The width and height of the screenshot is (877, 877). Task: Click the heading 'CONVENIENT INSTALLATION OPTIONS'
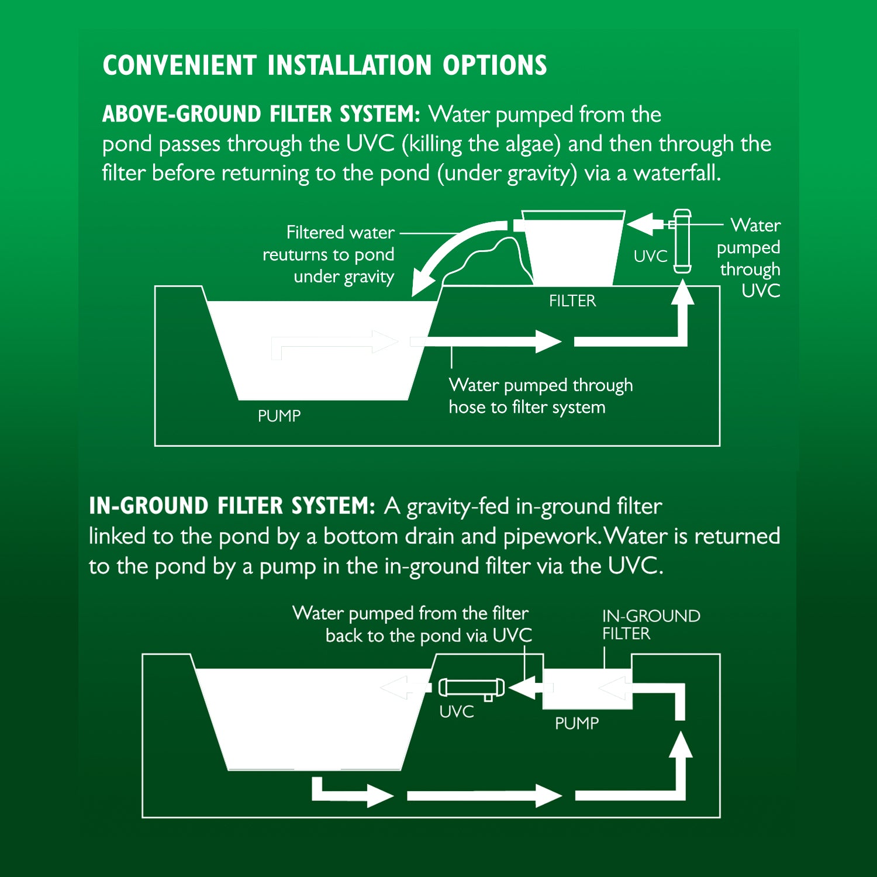pos(324,65)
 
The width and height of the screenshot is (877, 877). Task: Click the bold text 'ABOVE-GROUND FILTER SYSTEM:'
pos(261,114)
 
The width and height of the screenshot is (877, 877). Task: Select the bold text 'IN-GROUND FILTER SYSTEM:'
pos(232,506)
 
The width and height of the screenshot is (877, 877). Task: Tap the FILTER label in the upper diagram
pos(572,301)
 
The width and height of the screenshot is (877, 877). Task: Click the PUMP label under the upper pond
pos(279,416)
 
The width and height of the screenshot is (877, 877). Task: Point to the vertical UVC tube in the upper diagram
pos(682,241)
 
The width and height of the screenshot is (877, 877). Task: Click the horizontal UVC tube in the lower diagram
pos(471,687)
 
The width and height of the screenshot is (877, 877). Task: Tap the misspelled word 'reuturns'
pos(295,255)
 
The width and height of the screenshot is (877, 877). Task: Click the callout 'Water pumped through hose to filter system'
pos(540,396)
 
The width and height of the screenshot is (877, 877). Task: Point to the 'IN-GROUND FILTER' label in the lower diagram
pos(650,624)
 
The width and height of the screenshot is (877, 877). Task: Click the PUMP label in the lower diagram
pos(576,723)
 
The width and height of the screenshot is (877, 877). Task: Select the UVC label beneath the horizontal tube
pos(457,712)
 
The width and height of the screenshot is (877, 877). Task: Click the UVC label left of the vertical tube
pos(650,256)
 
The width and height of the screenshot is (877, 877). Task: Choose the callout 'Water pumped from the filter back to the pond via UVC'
pos(412,624)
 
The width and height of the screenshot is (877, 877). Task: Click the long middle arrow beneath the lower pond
pos(483,796)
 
